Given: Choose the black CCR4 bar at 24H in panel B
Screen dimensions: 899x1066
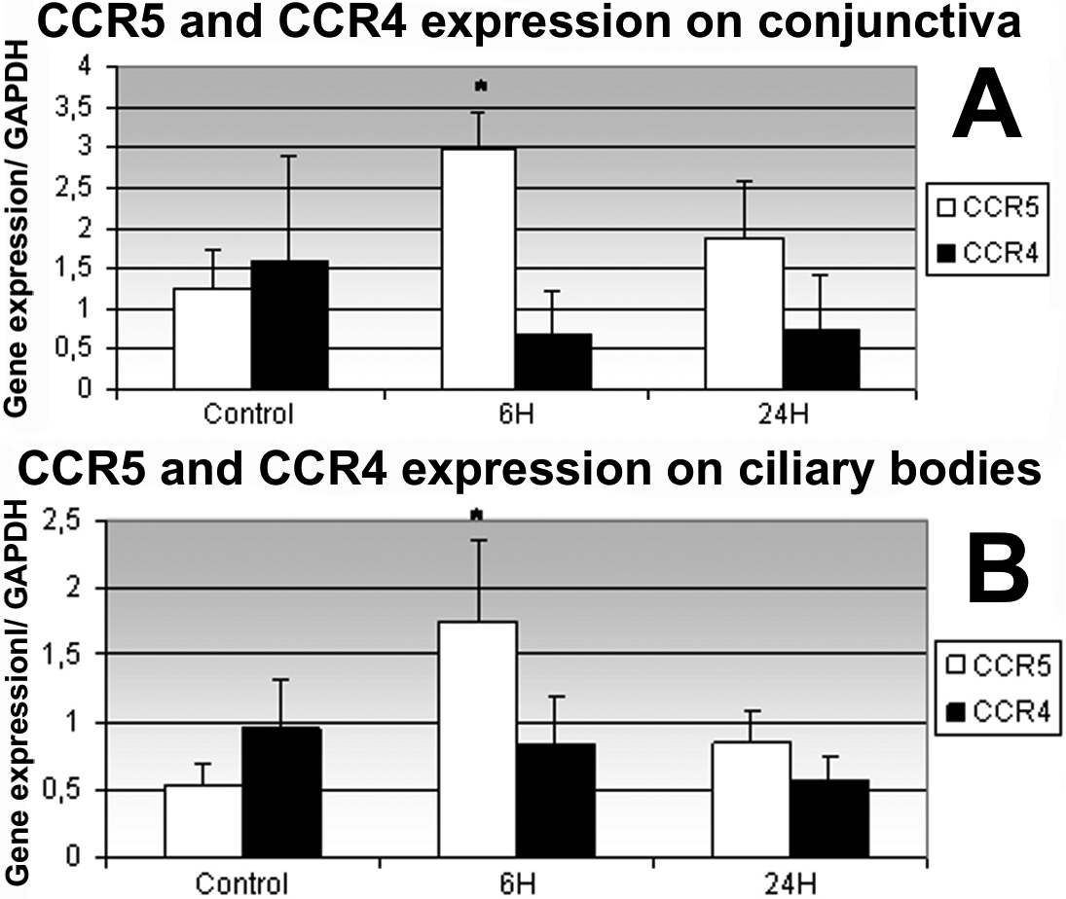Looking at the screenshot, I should click(x=829, y=817).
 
